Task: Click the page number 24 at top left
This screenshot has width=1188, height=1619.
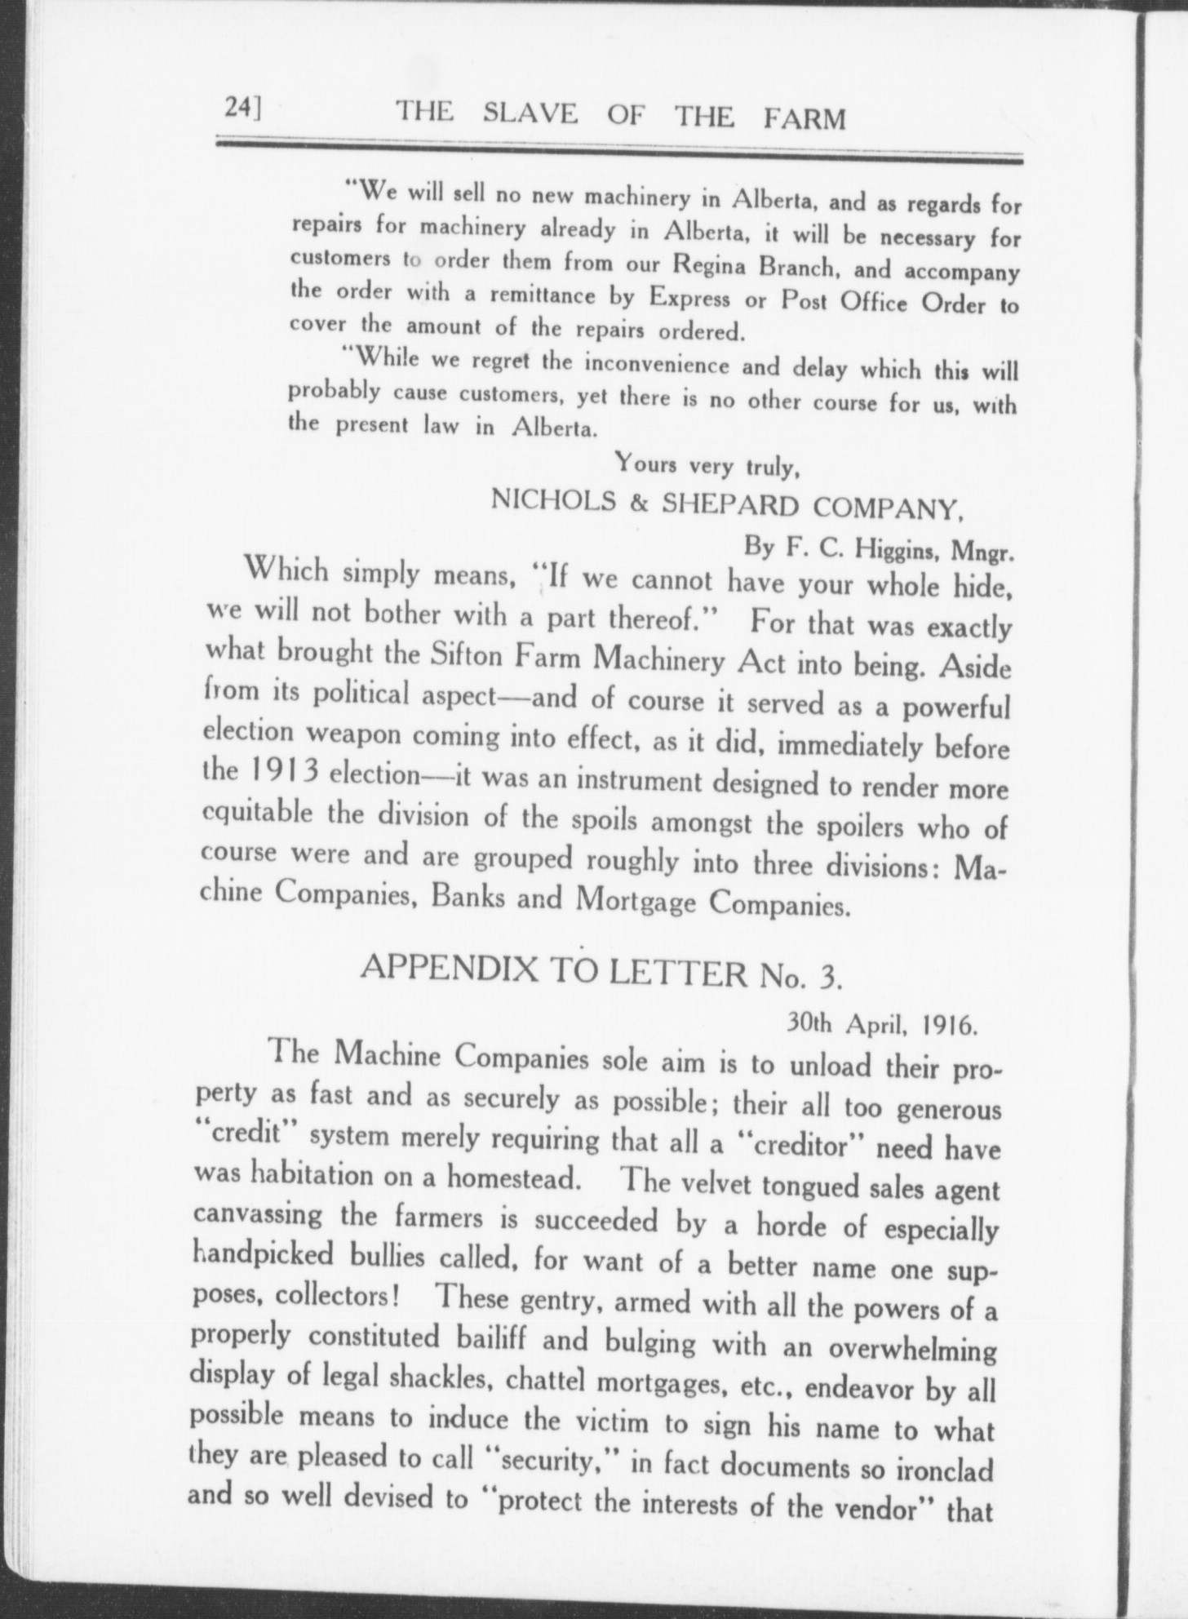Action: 242,109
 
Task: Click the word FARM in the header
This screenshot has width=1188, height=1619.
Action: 805,119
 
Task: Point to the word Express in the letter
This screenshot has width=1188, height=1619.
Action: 689,298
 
